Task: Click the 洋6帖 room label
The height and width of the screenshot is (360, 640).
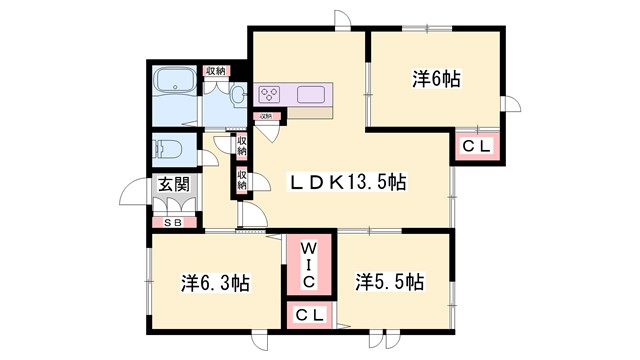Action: coord(435,78)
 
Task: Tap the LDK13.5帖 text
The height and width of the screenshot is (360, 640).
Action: coord(347,182)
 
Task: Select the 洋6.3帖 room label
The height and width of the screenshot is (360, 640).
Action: coord(215,283)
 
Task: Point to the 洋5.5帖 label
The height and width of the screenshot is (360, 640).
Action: coord(389,282)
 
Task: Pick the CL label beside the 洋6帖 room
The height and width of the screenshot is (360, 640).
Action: coord(476,147)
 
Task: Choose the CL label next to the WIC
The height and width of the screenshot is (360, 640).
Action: coord(309,316)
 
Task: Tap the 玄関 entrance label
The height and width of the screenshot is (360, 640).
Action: coord(172,185)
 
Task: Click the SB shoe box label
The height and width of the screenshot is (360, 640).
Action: coord(172,223)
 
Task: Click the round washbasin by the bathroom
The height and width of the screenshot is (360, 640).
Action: coord(237,96)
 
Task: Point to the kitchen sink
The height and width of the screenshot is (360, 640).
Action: coord(310,95)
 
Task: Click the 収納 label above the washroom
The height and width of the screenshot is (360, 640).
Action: coord(215,70)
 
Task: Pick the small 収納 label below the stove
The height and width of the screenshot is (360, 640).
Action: coord(265,117)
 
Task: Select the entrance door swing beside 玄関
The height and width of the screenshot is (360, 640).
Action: coord(136,193)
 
